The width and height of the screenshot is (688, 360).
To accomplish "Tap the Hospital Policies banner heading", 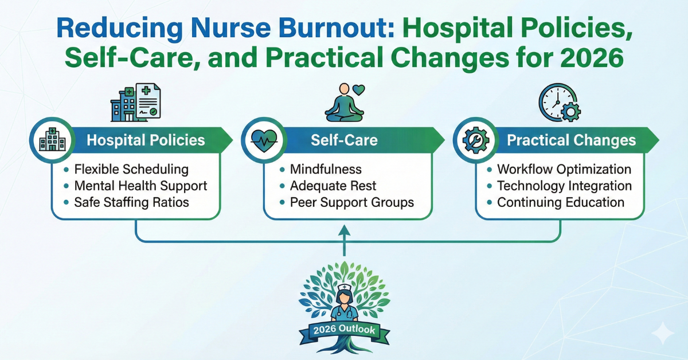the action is (146, 140).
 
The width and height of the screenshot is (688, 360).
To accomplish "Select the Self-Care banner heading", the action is (344, 140).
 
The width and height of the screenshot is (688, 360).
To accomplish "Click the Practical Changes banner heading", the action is (571, 140).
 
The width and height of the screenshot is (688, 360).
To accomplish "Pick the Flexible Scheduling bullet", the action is (131, 169).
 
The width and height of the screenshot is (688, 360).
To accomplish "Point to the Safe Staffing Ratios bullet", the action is (131, 202).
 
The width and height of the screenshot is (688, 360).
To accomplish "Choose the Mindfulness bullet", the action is (326, 169).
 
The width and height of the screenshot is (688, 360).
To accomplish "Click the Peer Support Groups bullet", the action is (352, 202).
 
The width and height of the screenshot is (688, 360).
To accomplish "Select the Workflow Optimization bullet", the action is (564, 169).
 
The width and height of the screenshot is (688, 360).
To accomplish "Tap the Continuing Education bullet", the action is (561, 202).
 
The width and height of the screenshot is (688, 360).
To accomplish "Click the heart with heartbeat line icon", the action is (264, 140).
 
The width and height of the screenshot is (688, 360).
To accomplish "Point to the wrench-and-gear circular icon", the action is (476, 140).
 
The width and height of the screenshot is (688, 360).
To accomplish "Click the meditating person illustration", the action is (345, 103).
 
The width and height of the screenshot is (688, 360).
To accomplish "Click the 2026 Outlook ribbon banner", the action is (345, 330).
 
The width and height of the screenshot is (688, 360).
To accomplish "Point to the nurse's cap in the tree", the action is (345, 288).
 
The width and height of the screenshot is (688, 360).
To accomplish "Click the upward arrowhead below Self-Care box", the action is (344, 229).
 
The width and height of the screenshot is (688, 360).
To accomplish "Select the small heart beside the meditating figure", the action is (358, 90).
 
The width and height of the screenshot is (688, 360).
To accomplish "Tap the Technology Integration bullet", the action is (564, 186).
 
